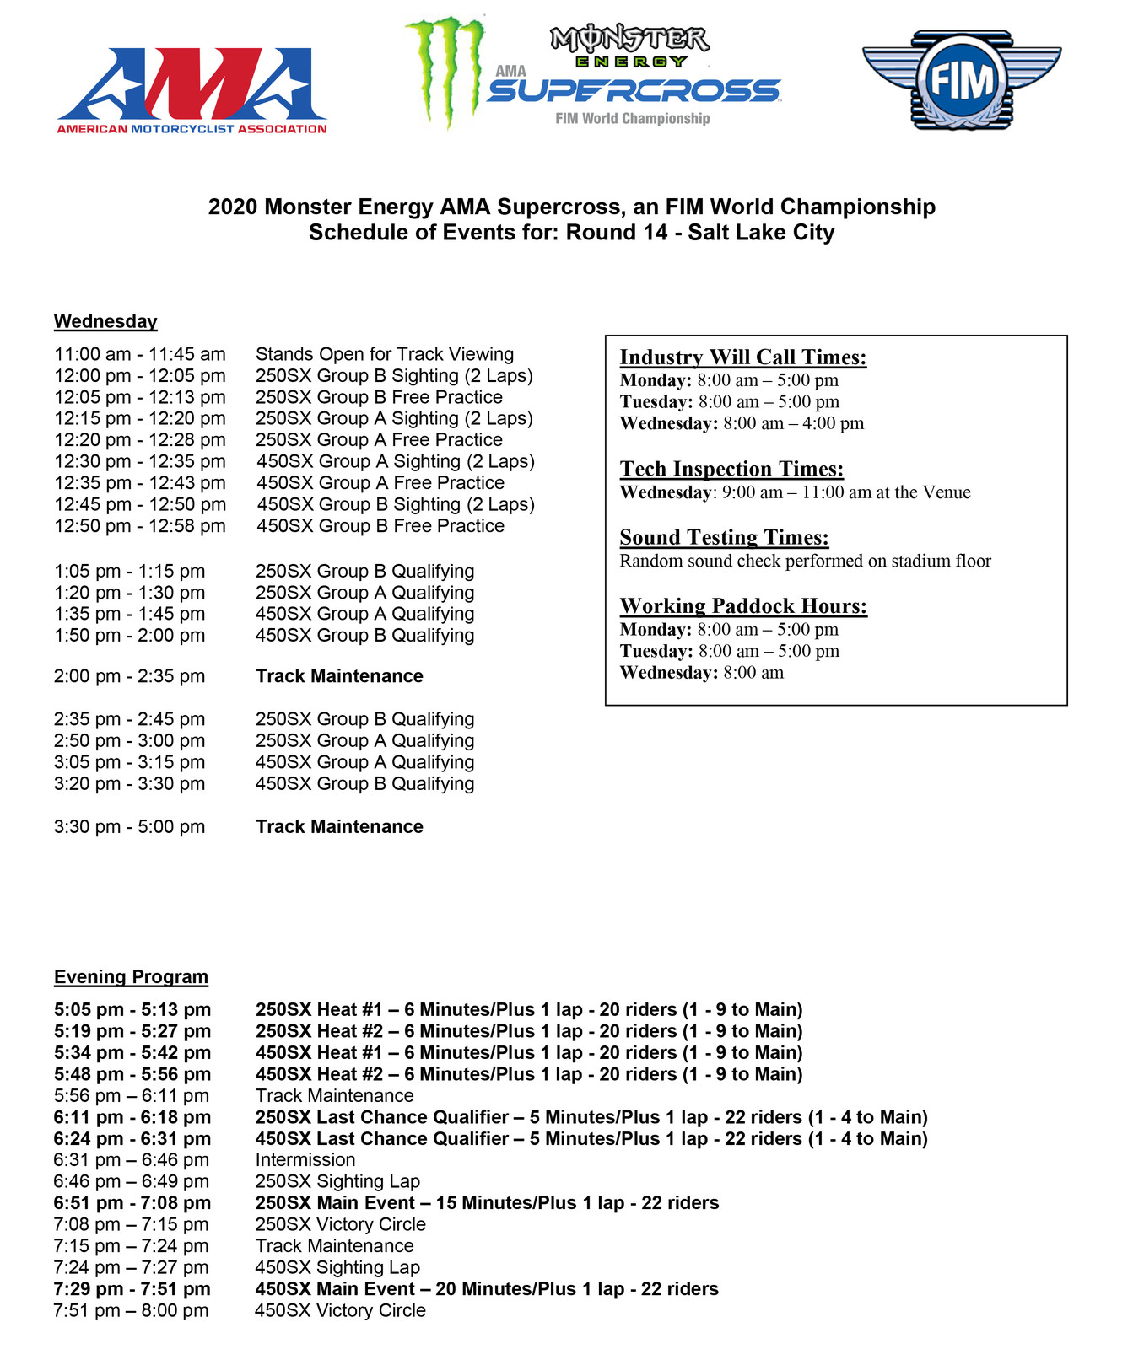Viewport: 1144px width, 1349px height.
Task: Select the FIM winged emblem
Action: [x=961, y=81]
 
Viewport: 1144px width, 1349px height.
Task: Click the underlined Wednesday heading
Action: [x=105, y=321]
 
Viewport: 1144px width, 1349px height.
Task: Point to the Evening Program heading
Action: [x=131, y=976]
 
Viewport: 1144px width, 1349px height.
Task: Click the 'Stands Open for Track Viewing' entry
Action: [x=385, y=354]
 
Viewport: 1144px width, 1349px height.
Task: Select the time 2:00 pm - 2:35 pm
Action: [x=129, y=676]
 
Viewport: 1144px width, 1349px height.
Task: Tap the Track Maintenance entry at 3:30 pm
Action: [x=339, y=826]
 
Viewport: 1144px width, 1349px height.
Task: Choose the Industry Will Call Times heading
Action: [x=742, y=357]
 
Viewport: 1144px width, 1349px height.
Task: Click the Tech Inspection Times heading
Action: [x=731, y=469]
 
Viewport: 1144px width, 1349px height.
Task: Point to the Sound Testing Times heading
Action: [x=724, y=537]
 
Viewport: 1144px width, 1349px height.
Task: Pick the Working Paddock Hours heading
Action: [x=743, y=605]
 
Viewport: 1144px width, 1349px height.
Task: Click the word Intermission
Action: [x=305, y=1160]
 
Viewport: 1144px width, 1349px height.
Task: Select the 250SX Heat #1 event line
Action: [x=529, y=1009]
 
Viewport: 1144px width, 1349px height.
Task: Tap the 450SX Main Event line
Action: [x=487, y=1288]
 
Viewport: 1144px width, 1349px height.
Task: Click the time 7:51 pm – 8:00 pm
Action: [x=131, y=1310]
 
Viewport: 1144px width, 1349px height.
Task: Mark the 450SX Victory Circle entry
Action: [x=340, y=1310]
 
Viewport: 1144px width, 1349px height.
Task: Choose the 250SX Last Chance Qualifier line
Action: [x=591, y=1117]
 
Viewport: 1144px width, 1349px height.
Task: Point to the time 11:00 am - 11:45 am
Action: [x=140, y=354]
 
